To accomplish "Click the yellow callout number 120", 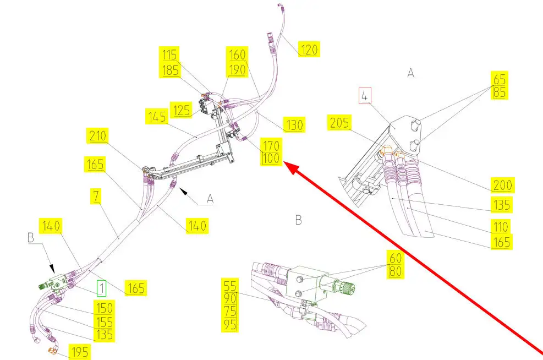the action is (309, 49).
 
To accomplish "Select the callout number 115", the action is (169, 54).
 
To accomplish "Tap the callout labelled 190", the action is (237, 70).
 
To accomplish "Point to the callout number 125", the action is (181, 110).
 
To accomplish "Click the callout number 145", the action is (157, 117).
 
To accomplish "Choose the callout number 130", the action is (294, 125).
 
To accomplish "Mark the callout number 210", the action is (97, 135).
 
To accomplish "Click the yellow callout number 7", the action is (96, 196).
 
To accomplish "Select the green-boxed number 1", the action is (101, 288).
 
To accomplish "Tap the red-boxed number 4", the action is (365, 96).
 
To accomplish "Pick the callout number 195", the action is (79, 352).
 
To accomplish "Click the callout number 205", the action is (339, 123).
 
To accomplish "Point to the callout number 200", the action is (502, 185).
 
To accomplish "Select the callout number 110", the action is (501, 227).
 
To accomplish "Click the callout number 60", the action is (395, 258).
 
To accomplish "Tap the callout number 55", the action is (230, 286).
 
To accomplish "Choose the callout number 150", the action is (104, 308).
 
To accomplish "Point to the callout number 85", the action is (500, 92).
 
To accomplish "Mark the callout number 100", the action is (271, 159).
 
